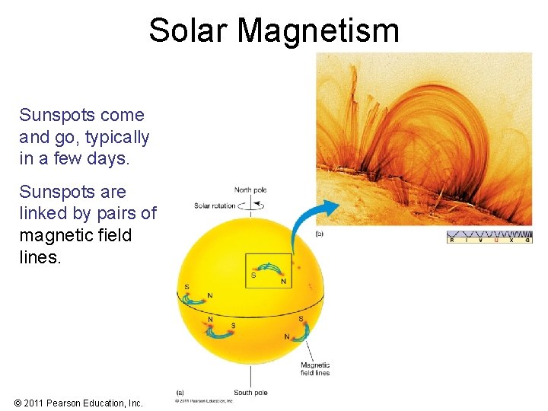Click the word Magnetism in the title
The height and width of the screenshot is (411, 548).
(x=318, y=30)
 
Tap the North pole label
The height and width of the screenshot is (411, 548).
(x=252, y=190)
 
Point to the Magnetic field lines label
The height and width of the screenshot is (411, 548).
(x=315, y=369)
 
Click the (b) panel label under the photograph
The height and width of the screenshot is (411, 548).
(x=319, y=234)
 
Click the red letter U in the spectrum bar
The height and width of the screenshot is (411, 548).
(x=496, y=240)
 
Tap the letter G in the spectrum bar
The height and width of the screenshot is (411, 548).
(x=527, y=240)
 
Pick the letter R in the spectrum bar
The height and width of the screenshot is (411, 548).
(x=452, y=240)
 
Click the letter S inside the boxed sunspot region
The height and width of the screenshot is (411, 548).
(x=253, y=275)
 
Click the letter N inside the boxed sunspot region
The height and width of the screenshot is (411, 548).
(x=283, y=282)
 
